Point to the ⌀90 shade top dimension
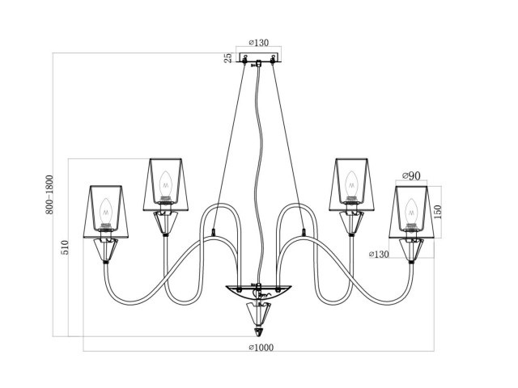point(411,177)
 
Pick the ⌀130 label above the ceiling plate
point(258,44)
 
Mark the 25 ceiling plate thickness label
point(228,57)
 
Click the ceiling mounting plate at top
point(258,59)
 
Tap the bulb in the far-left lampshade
point(107,212)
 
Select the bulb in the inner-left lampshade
point(165,184)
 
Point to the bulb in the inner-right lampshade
point(352,184)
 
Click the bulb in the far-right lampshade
point(410,212)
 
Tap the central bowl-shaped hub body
point(258,292)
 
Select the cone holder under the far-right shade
point(411,251)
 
